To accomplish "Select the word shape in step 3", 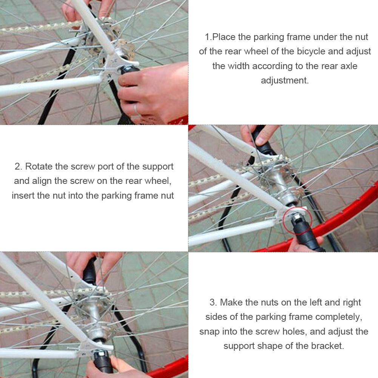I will pyautogui.click(x=271, y=346).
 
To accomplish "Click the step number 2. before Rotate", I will pyautogui.click(x=19, y=167).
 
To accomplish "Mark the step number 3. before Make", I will pyautogui.click(x=213, y=302).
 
